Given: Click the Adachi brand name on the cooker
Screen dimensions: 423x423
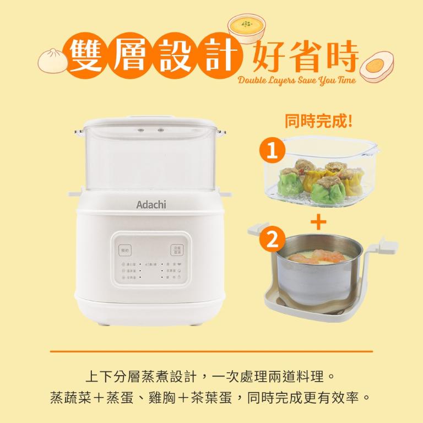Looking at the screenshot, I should [151, 205].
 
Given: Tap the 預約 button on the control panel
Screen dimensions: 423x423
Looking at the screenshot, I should [126, 250].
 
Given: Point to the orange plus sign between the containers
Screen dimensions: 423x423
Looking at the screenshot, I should [318, 222].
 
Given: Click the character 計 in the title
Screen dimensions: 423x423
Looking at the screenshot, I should [221, 56].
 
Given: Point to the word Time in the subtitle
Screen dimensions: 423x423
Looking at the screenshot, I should [344, 81].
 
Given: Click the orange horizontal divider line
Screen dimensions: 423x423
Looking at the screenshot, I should [211, 351].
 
